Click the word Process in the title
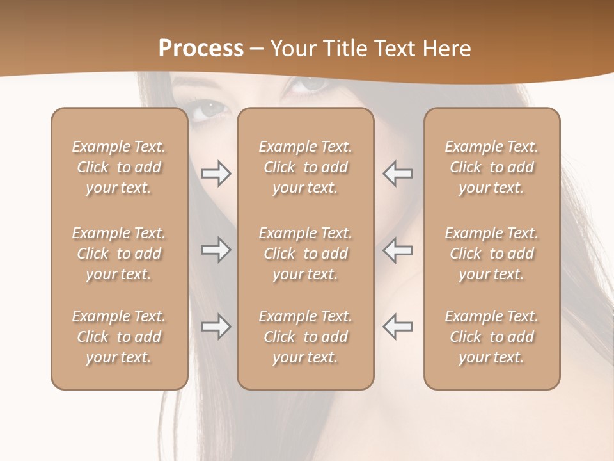pyautogui.click(x=201, y=49)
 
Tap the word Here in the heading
pyautogui.click(x=446, y=49)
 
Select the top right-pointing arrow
pyautogui.click(x=216, y=173)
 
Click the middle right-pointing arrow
pyautogui.click(x=216, y=250)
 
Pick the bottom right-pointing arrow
pyautogui.click(x=216, y=327)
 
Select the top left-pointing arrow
pyautogui.click(x=397, y=173)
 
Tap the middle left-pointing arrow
pyautogui.click(x=397, y=250)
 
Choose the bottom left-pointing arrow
pyautogui.click(x=397, y=327)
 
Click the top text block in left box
pyautogui.click(x=119, y=167)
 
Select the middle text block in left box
pyautogui.click(x=119, y=254)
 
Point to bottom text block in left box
pyautogui.click(x=119, y=337)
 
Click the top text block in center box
pyautogui.click(x=305, y=167)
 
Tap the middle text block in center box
pyautogui.click(x=305, y=254)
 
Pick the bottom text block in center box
pyautogui.click(x=305, y=337)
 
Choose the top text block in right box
pyautogui.click(x=491, y=167)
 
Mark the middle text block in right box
pyautogui.click(x=491, y=254)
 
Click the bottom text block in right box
pyautogui.click(x=491, y=337)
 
